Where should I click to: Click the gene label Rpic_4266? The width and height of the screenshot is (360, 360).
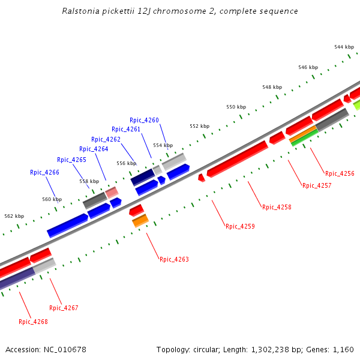[x=44, y=172]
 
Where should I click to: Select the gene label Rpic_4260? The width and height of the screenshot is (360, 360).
[x=144, y=120]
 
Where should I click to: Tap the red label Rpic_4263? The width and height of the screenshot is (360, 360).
[x=174, y=259]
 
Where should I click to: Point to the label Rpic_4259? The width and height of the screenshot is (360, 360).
[x=240, y=226]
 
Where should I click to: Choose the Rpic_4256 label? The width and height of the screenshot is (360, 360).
[x=340, y=173]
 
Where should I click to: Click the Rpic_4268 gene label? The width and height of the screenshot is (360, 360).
[x=33, y=322]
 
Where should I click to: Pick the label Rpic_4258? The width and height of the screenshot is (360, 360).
[x=277, y=207]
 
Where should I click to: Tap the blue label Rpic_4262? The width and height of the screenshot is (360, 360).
[x=106, y=139]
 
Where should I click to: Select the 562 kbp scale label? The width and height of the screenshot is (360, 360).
[x=14, y=216]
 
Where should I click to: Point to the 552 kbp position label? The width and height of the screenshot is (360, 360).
[x=199, y=126]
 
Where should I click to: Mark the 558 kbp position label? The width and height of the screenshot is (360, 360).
[x=89, y=181]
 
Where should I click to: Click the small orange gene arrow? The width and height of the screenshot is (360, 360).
[x=140, y=221]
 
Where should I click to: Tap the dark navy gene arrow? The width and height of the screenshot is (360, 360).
[x=143, y=177]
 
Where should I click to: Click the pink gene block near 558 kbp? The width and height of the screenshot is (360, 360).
[x=112, y=193]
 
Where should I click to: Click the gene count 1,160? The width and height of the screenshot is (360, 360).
[x=343, y=349]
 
